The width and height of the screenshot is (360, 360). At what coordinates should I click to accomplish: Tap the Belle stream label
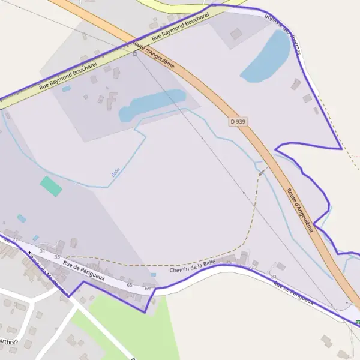pyautogui.click(x=115, y=171)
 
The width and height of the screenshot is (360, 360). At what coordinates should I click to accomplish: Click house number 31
pyautogui.click(x=42, y=250)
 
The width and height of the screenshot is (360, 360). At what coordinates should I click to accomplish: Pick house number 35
pyautogui.click(x=57, y=256)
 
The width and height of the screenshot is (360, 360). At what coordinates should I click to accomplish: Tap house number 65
pyautogui.click(x=130, y=285)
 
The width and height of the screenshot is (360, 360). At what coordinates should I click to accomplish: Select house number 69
pyautogui.click(x=148, y=289)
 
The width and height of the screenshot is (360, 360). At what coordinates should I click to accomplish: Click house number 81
pyautogui.click(x=274, y=277)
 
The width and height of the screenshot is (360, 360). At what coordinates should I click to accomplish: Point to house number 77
pyautogui.click(x=251, y=267)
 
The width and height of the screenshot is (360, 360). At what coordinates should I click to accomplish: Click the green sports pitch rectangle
pyautogui.click(x=51, y=186)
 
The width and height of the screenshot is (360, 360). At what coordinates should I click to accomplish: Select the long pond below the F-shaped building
pyautogui.click(x=152, y=104)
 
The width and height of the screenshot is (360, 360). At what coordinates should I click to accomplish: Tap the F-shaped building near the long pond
pyautogui.click(x=111, y=100)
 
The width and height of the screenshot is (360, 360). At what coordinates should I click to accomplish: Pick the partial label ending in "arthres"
pyautogui.click(x=8, y=341)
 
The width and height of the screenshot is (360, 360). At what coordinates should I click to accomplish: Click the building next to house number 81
pyautogui.click(x=280, y=266)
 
